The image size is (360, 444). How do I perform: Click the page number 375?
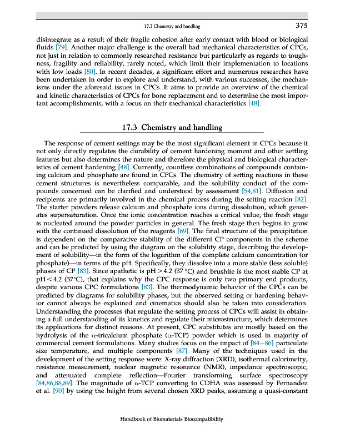coord(302,26)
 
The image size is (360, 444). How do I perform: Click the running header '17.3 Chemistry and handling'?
coord(172,26)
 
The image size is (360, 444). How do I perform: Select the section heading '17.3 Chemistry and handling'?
coord(172,128)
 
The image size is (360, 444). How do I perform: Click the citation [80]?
coord(90,72)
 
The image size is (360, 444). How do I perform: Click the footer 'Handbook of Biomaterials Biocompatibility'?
coord(172,419)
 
